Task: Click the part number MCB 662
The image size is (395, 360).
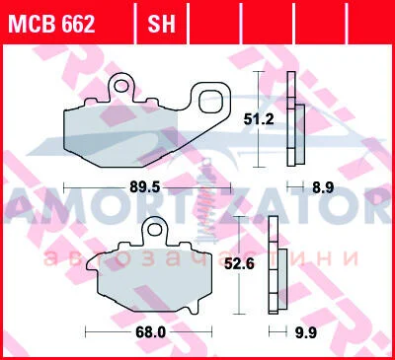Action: click(x=51, y=24)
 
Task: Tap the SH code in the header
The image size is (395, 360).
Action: click(x=161, y=24)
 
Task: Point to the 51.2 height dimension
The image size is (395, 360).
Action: click(x=259, y=119)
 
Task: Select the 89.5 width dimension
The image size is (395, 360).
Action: click(x=145, y=187)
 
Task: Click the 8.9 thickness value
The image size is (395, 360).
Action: click(x=323, y=187)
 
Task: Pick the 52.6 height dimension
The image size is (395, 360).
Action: click(x=239, y=263)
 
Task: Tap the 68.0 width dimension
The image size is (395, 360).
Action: click(x=150, y=332)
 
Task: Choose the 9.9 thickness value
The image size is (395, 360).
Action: click(x=305, y=332)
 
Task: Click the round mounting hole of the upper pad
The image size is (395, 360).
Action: click(x=121, y=86)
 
